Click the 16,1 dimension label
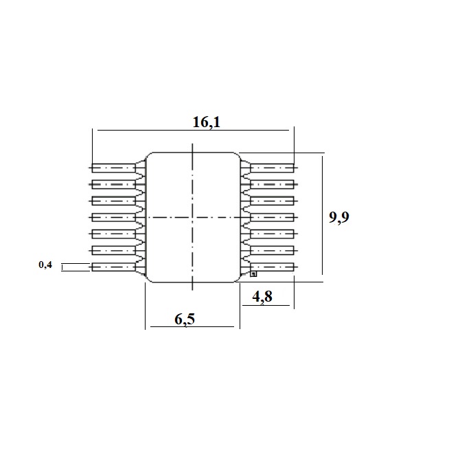click(206, 122)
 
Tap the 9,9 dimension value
click(339, 217)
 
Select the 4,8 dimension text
click(262, 296)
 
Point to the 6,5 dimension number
click(185, 320)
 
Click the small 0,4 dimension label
click(45, 265)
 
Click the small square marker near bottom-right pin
click(253, 273)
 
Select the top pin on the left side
click(113, 168)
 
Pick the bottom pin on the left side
click(113, 267)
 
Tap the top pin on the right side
click(273, 168)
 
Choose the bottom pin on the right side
click(273, 267)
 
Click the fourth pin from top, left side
click(113, 217)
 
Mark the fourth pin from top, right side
click(273, 217)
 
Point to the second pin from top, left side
click(113, 184)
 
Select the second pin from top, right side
click(273, 184)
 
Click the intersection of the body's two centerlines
click(192, 217)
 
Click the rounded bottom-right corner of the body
click(238, 280)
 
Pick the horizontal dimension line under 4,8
click(266, 305)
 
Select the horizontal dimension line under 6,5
click(192, 326)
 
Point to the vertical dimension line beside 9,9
click(323, 215)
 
